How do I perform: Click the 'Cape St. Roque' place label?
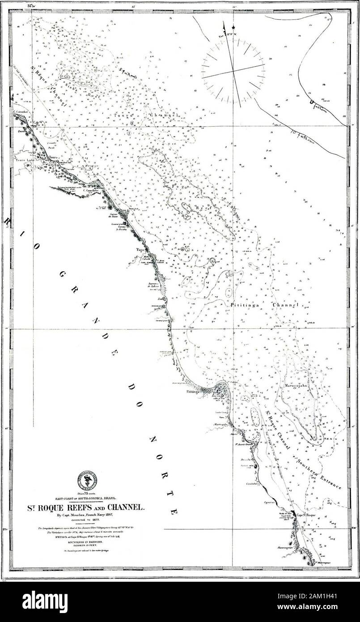306,515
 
